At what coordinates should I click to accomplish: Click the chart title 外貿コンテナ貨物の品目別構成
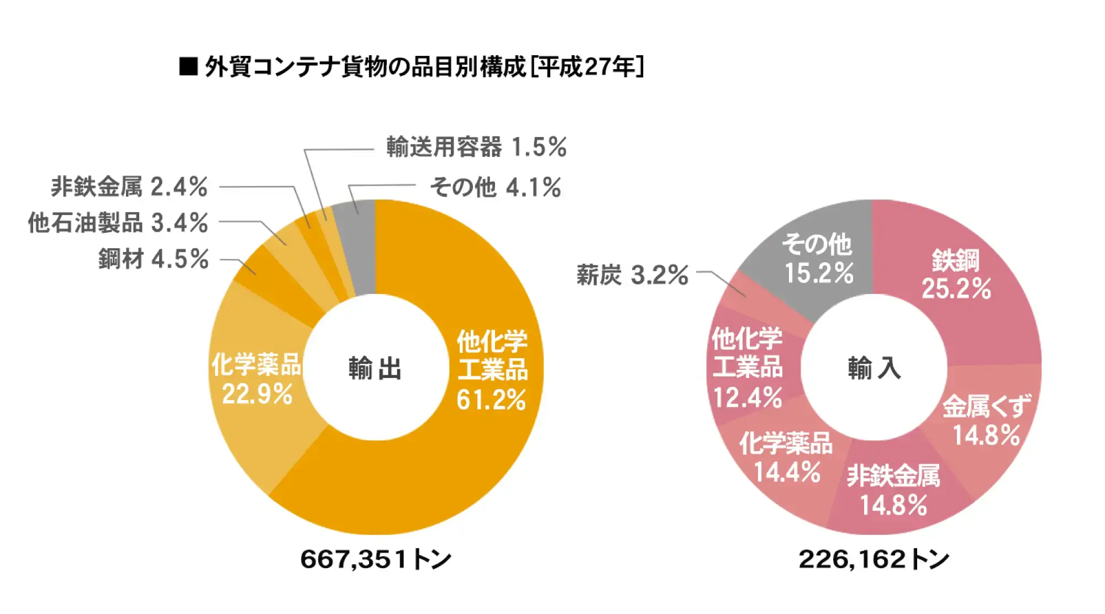click(x=365, y=67)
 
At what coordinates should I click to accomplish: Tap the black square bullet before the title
click(x=188, y=66)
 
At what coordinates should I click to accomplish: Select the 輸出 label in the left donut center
click(x=375, y=369)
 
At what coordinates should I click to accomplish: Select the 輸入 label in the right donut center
click(x=874, y=368)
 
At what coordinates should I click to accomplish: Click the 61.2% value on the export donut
click(x=491, y=400)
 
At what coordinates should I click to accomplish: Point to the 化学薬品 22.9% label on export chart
click(x=257, y=379)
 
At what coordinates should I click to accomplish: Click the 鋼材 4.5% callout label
click(x=154, y=259)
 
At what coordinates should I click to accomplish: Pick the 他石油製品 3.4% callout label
click(x=118, y=223)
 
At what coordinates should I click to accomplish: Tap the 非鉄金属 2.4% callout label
click(x=129, y=187)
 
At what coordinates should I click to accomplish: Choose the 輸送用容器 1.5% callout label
click(x=476, y=148)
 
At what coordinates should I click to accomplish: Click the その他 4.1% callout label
click(x=496, y=187)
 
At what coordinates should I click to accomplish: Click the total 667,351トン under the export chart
click(x=376, y=559)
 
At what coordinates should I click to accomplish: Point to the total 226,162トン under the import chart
click(x=874, y=559)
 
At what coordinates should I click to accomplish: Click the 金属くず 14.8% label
click(x=987, y=421)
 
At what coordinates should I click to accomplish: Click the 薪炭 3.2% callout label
click(x=632, y=275)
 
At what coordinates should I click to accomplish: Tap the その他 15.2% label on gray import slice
click(x=818, y=259)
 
